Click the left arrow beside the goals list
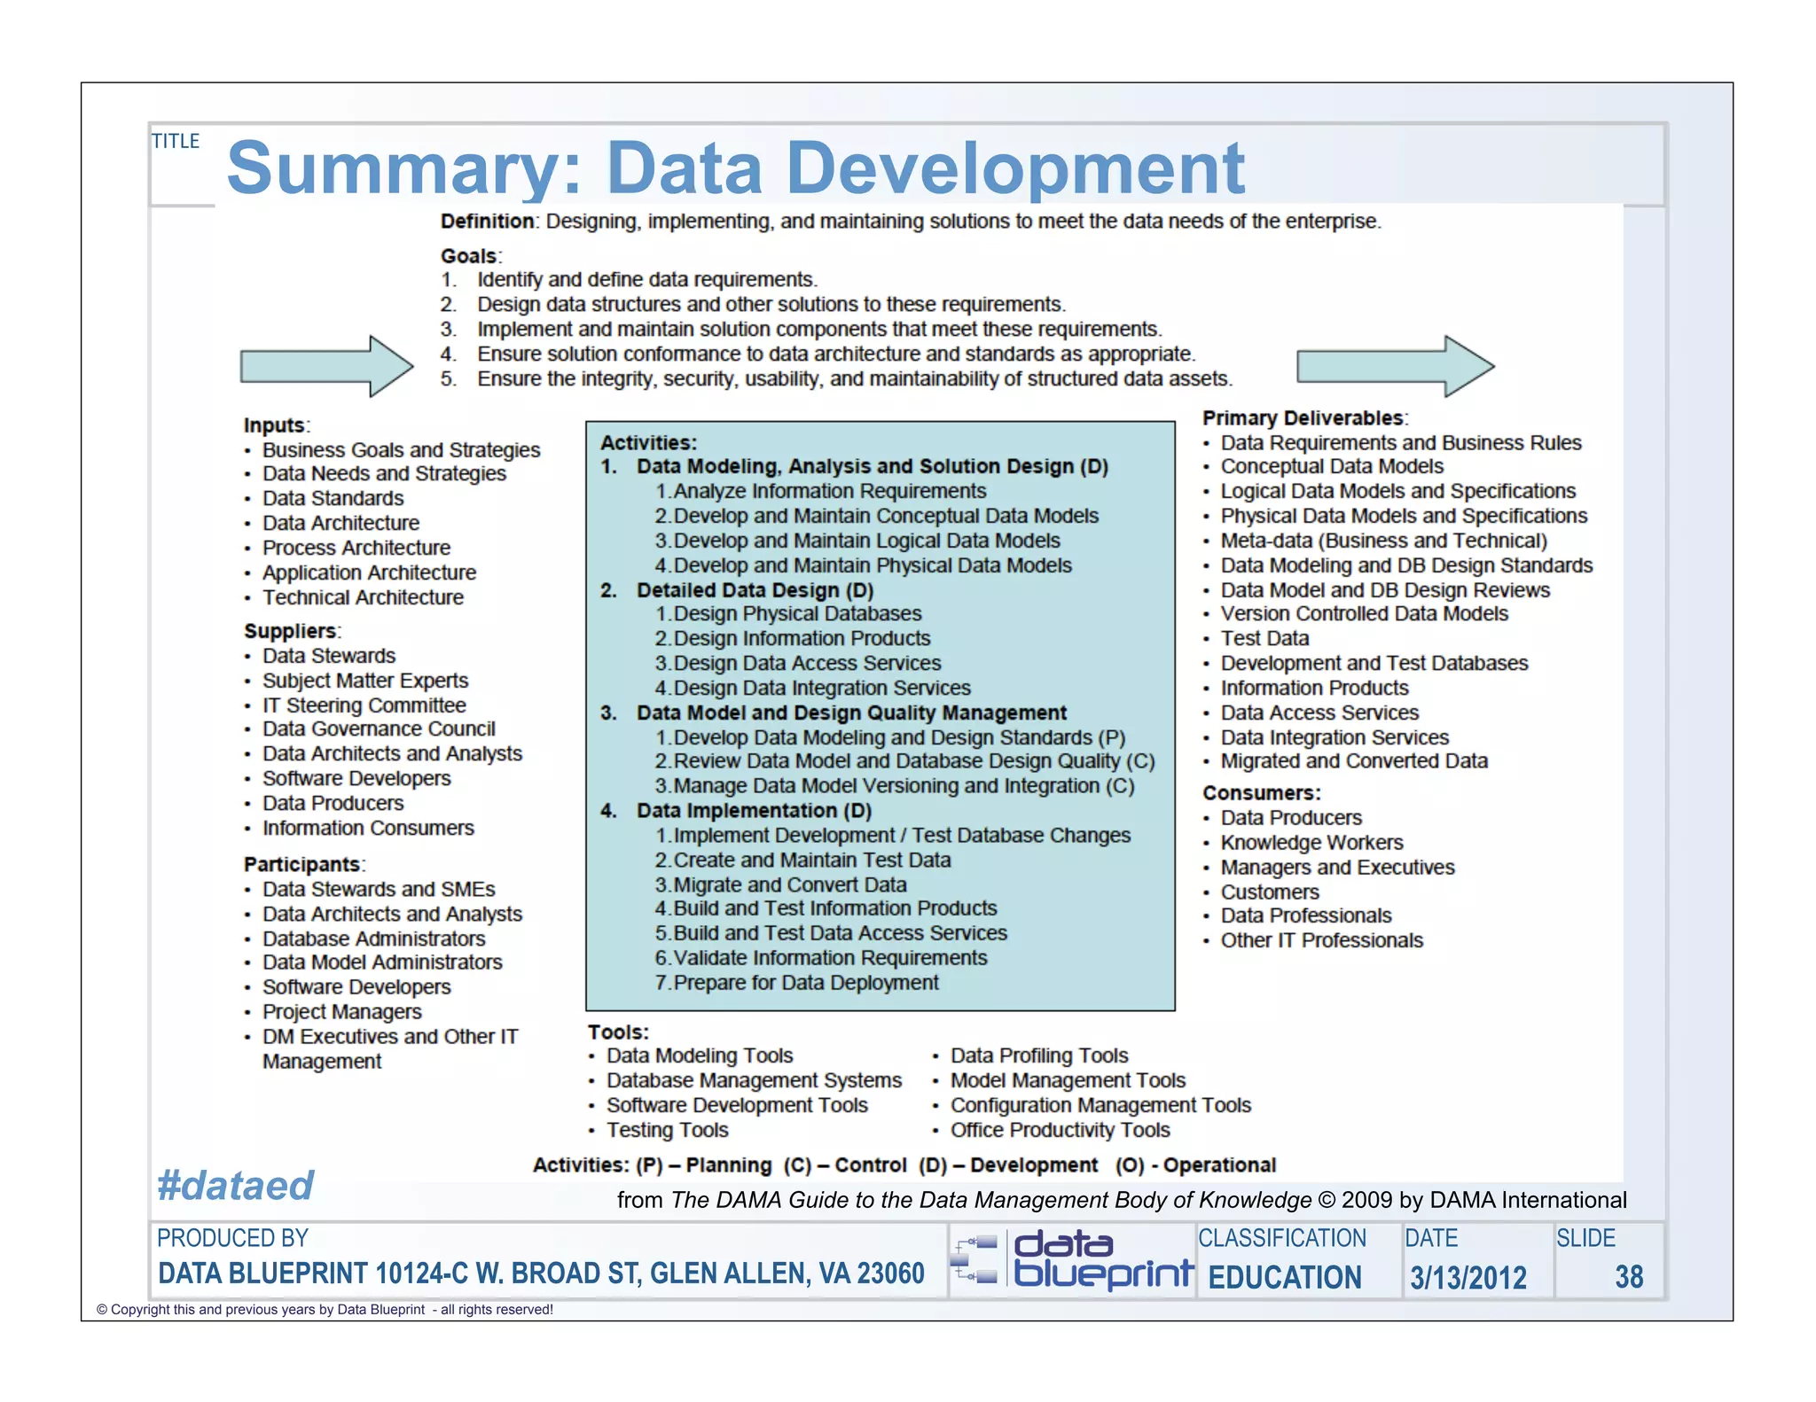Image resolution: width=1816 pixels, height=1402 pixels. pos(326,365)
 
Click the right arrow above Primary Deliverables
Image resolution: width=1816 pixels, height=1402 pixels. pos(1395,365)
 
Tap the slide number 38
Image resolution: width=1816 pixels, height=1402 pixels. pos(1629,1277)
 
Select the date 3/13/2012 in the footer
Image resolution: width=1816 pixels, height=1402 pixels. pos(1468,1278)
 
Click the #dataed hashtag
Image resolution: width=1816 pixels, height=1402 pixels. pos(236,1186)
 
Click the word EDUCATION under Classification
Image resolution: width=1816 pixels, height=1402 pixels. pos(1285,1278)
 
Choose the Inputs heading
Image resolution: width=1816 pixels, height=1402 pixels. pos(276,425)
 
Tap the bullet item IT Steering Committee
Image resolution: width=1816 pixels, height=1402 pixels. pos(364,705)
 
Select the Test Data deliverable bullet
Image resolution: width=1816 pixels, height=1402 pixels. pos(1264,638)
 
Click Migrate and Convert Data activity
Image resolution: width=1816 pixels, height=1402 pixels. pos(789,884)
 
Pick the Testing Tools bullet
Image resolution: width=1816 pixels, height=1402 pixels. pos(667,1130)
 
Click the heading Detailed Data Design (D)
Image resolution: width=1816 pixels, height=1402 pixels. pos(755,590)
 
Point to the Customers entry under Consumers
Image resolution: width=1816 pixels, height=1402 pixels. pos(1270,892)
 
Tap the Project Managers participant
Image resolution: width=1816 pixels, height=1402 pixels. pos(341,1012)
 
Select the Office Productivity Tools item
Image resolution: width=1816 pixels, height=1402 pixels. pos(1060,1130)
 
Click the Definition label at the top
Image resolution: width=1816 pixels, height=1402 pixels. pos(488,222)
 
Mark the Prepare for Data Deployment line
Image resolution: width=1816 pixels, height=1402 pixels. pos(805,983)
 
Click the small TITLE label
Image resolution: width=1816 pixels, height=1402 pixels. pos(176,141)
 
